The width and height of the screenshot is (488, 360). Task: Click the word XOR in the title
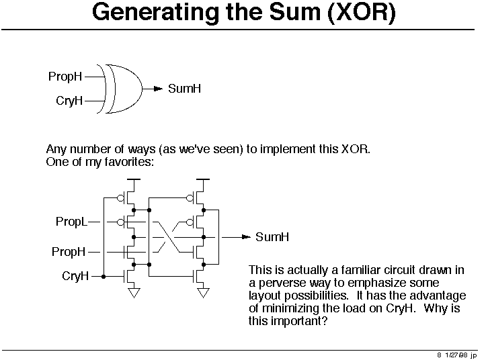coord(362,13)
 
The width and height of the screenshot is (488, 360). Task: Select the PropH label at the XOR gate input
coord(65,77)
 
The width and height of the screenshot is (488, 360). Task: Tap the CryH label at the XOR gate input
coord(69,101)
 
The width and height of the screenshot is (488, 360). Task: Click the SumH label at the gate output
coord(185,89)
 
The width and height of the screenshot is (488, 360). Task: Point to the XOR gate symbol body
coord(124,89)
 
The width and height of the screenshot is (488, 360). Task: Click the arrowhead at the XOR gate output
coord(159,89)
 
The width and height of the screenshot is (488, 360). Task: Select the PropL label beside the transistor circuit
coord(71,222)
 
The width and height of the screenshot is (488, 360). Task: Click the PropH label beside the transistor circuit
coord(69,252)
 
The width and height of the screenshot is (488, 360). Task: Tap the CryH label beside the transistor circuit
coord(75,276)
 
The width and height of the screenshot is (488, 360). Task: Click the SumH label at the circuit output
coord(272,237)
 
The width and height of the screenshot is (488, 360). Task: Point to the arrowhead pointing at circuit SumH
coord(247,237)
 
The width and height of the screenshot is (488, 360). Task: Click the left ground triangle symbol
coord(134,293)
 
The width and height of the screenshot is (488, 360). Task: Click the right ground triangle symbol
coord(203,293)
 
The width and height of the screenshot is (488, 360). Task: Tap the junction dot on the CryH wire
coord(104,276)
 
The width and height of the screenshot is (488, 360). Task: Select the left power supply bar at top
coord(134,179)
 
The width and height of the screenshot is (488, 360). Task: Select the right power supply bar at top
coord(203,179)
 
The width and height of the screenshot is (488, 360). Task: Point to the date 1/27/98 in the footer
coord(456,355)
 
